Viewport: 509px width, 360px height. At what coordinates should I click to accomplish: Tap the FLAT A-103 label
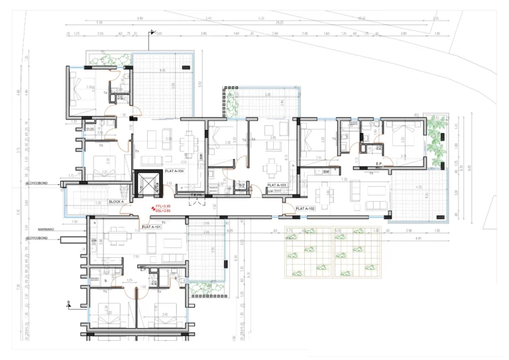(276, 186)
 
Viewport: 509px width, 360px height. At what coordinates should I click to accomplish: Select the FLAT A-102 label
(305, 208)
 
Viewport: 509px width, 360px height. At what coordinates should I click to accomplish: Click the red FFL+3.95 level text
(162, 207)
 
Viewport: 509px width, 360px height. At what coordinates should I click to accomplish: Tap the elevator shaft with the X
(148, 184)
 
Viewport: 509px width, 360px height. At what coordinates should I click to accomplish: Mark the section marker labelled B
(68, 303)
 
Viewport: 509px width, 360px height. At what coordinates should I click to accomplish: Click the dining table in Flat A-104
(192, 141)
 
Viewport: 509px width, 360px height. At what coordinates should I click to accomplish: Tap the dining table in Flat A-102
(325, 194)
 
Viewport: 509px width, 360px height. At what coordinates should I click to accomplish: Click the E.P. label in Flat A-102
(379, 164)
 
